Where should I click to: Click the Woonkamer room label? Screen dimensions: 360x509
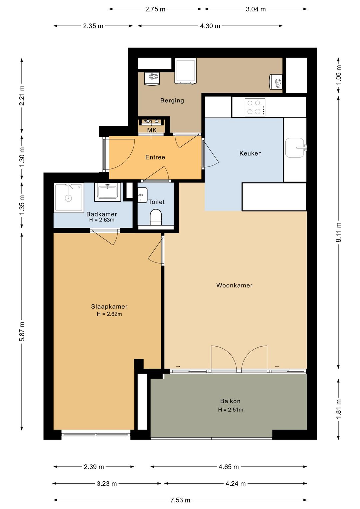point(234,286)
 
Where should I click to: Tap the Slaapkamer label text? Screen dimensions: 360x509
point(109,307)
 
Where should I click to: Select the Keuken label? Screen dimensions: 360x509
point(250,153)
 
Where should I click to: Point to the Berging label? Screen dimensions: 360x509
point(172,100)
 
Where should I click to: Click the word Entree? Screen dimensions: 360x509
point(155,157)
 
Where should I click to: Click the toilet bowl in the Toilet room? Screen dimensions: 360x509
point(156,217)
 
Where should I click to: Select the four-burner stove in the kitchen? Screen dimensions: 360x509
point(255,107)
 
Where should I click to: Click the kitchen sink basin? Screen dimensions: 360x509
point(294,148)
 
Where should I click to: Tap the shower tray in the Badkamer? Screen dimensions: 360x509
point(69,198)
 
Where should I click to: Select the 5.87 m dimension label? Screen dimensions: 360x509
point(22,332)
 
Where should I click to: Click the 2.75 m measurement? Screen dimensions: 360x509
point(155,9)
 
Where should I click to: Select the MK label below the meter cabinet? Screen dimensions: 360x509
point(152,130)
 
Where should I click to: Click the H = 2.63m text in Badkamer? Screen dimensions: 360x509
point(102,220)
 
